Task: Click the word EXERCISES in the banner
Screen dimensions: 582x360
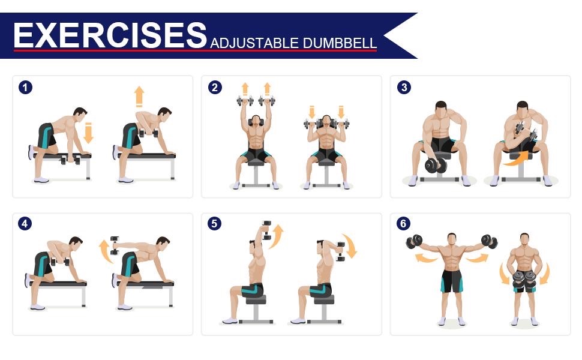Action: point(110,35)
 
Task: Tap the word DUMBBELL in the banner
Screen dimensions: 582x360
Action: point(340,43)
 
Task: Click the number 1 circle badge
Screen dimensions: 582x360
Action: point(25,88)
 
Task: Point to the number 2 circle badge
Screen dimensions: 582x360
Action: point(215,88)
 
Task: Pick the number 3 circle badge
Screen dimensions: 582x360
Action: point(404,88)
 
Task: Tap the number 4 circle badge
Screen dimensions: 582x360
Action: point(25,223)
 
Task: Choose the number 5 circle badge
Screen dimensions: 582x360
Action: point(214,223)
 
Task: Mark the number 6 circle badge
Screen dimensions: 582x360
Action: point(403,223)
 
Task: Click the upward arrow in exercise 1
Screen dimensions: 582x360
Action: point(139,97)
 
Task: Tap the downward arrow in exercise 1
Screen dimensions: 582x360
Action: point(88,133)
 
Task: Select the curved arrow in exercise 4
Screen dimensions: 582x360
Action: point(106,251)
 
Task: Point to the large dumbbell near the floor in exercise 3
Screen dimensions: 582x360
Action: point(436,165)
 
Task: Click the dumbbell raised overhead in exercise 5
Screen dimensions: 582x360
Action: point(266,230)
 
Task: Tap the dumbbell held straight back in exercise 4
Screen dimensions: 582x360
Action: point(115,245)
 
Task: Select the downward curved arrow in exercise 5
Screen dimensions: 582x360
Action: point(350,245)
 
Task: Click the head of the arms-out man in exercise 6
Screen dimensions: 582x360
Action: point(451,239)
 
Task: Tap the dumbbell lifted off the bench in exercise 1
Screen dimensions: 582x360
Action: point(148,133)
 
